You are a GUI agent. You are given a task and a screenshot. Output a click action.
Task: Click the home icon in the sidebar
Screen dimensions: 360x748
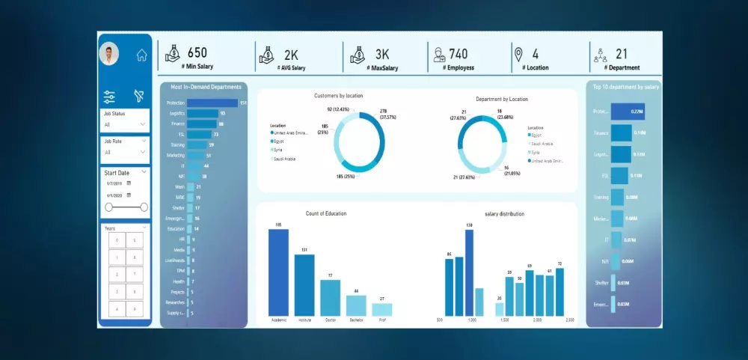(x=141, y=55)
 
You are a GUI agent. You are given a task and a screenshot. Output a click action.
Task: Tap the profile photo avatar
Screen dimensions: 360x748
(x=109, y=54)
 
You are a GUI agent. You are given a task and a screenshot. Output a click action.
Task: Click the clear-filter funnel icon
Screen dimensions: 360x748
(x=138, y=96)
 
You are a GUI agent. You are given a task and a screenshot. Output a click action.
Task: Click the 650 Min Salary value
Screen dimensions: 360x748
(x=197, y=53)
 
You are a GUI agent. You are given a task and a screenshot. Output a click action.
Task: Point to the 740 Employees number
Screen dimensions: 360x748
(x=458, y=53)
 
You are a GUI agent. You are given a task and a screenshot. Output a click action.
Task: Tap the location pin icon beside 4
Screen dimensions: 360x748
(x=518, y=54)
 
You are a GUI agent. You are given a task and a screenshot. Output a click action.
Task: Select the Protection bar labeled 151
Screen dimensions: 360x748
(x=212, y=103)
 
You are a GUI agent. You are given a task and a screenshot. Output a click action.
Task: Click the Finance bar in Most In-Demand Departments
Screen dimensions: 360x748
(x=200, y=123)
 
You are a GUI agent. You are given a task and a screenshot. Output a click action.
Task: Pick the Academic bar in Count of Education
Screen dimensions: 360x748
(x=278, y=272)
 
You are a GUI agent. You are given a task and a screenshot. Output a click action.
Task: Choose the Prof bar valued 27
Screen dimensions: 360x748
(x=381, y=309)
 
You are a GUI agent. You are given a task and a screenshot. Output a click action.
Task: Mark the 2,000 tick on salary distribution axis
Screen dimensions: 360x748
(x=537, y=320)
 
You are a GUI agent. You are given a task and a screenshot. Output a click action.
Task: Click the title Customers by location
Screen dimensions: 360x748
(x=338, y=96)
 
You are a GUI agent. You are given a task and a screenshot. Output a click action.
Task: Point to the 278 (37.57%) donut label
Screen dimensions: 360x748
(x=387, y=114)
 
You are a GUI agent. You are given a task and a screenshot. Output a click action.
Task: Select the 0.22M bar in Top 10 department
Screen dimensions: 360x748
(x=628, y=112)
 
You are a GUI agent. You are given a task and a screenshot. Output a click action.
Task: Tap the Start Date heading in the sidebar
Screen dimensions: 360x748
(x=117, y=173)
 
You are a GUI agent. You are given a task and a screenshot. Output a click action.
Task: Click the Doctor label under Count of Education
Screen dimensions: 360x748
(x=330, y=320)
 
